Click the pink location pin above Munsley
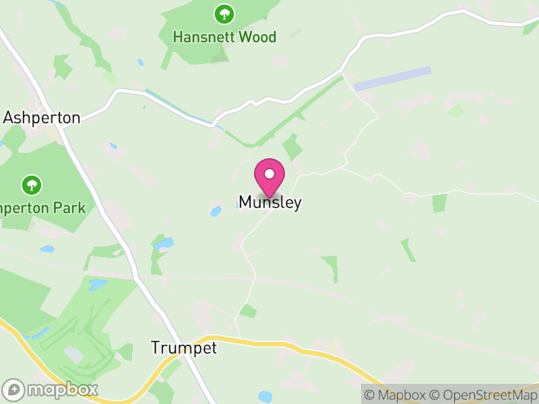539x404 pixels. (x=269, y=177)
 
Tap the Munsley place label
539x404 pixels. (x=269, y=202)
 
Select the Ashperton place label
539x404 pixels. (x=41, y=118)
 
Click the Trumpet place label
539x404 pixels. (x=184, y=348)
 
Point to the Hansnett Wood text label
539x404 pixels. (x=224, y=37)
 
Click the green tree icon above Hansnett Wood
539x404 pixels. (x=224, y=13)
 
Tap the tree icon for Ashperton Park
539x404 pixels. (x=31, y=184)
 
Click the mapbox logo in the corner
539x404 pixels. (x=51, y=389)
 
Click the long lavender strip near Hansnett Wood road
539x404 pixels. (x=392, y=79)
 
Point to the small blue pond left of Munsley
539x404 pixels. (x=216, y=211)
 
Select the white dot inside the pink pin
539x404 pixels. (x=269, y=174)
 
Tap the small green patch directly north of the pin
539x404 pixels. (x=292, y=147)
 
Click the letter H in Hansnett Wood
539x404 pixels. (x=178, y=37)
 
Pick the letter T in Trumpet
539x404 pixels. (x=156, y=348)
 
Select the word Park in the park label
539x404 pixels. (x=71, y=207)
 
